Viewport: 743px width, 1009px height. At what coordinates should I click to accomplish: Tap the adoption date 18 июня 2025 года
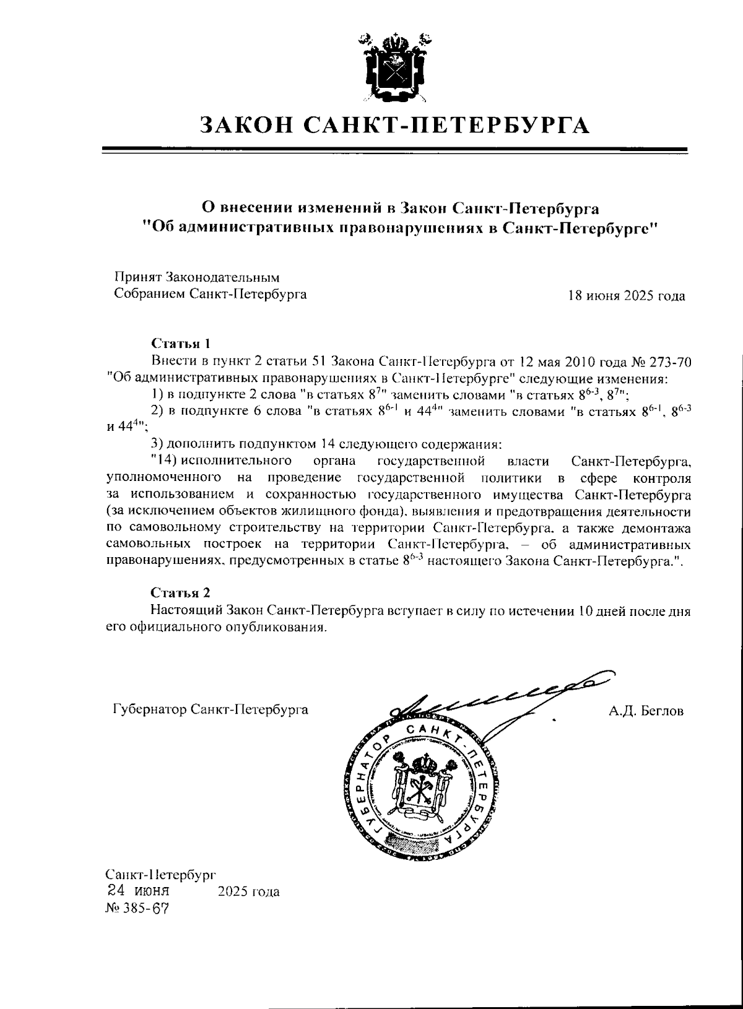(627, 296)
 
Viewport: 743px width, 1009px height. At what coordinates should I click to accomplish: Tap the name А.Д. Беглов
(646, 711)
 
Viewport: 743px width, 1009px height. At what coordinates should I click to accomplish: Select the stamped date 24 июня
(138, 891)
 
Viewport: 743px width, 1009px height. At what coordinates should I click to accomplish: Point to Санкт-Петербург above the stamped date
(160, 875)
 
